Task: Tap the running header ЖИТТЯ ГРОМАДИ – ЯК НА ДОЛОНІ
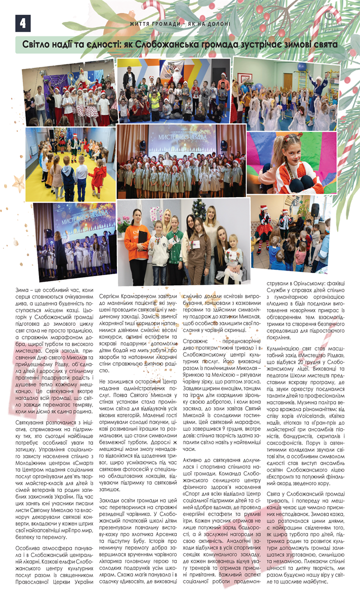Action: click(180, 24)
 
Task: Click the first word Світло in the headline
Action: click(39, 45)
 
